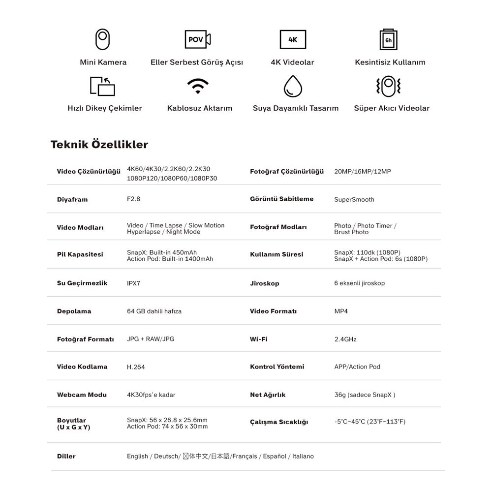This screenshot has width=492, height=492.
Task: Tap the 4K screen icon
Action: (x=293, y=39)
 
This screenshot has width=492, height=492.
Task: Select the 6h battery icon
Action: (x=389, y=40)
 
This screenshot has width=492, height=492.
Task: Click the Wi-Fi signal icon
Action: (x=198, y=86)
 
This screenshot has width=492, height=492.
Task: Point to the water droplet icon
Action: (x=293, y=86)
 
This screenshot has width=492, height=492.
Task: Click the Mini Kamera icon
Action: (x=103, y=39)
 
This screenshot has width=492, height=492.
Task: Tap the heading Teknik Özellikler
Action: (x=99, y=145)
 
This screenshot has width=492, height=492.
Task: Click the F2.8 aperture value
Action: (x=134, y=199)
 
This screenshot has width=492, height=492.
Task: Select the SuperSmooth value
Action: (x=354, y=199)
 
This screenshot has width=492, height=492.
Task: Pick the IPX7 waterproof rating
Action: (x=134, y=283)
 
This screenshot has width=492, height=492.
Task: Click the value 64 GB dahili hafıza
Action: (x=154, y=311)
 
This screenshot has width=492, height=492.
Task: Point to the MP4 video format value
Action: (x=341, y=311)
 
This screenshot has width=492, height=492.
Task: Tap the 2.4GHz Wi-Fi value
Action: (x=345, y=339)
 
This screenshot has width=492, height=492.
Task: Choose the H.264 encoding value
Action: (x=136, y=367)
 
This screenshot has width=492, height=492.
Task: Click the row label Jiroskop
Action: (x=265, y=283)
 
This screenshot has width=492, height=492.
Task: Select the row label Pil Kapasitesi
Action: (x=80, y=254)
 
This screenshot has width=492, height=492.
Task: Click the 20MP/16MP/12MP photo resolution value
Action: (x=363, y=172)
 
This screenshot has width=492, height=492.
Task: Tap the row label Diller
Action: (x=66, y=456)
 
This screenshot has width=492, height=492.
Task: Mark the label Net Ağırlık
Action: (x=268, y=395)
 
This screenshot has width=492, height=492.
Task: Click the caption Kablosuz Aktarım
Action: (x=200, y=108)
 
